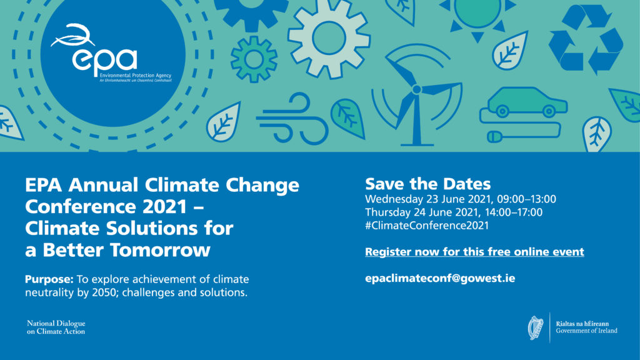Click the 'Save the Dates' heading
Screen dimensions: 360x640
428,184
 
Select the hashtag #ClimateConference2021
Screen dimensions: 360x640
427,226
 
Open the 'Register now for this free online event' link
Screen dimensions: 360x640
474,252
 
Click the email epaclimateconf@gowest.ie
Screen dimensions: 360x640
440,278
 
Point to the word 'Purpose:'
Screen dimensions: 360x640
48,279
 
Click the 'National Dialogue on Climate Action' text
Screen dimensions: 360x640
56,327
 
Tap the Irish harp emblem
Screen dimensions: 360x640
536,327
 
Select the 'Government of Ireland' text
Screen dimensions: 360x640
586,331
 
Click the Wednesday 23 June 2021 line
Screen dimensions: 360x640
461,199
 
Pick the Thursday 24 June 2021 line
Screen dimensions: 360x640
454,212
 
